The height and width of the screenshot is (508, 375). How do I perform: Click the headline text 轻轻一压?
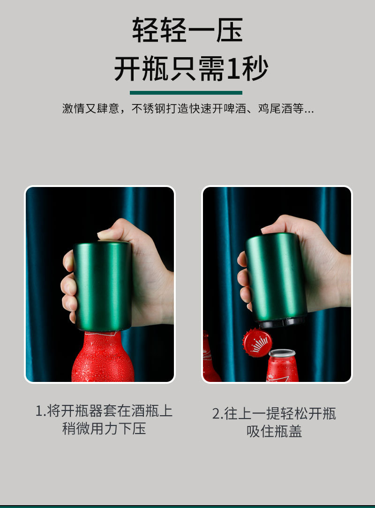coord(187,30)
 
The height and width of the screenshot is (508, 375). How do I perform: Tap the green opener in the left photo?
coord(103,286)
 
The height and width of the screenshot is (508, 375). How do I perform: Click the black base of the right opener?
coord(281,322)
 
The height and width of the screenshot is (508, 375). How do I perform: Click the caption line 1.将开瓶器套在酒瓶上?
coord(104,411)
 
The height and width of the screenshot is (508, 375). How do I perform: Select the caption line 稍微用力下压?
coord(104,428)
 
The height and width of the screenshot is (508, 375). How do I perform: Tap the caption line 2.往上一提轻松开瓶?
coord(274,413)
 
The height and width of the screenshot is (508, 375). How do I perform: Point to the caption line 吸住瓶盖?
coord(274,431)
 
